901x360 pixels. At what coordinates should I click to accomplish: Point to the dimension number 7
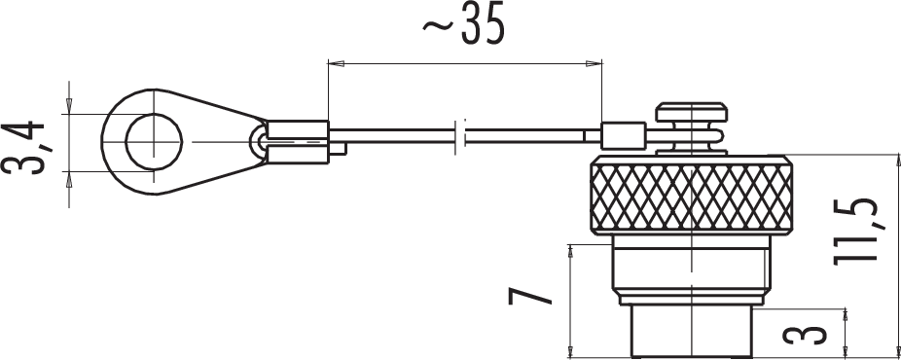[529, 296]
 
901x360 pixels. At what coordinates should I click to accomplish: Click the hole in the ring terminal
[154, 141]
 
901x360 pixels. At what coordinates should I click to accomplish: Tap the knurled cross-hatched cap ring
[691, 195]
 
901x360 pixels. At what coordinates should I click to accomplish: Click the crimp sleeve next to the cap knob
[623, 136]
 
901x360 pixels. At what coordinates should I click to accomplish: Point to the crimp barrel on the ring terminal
[298, 141]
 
